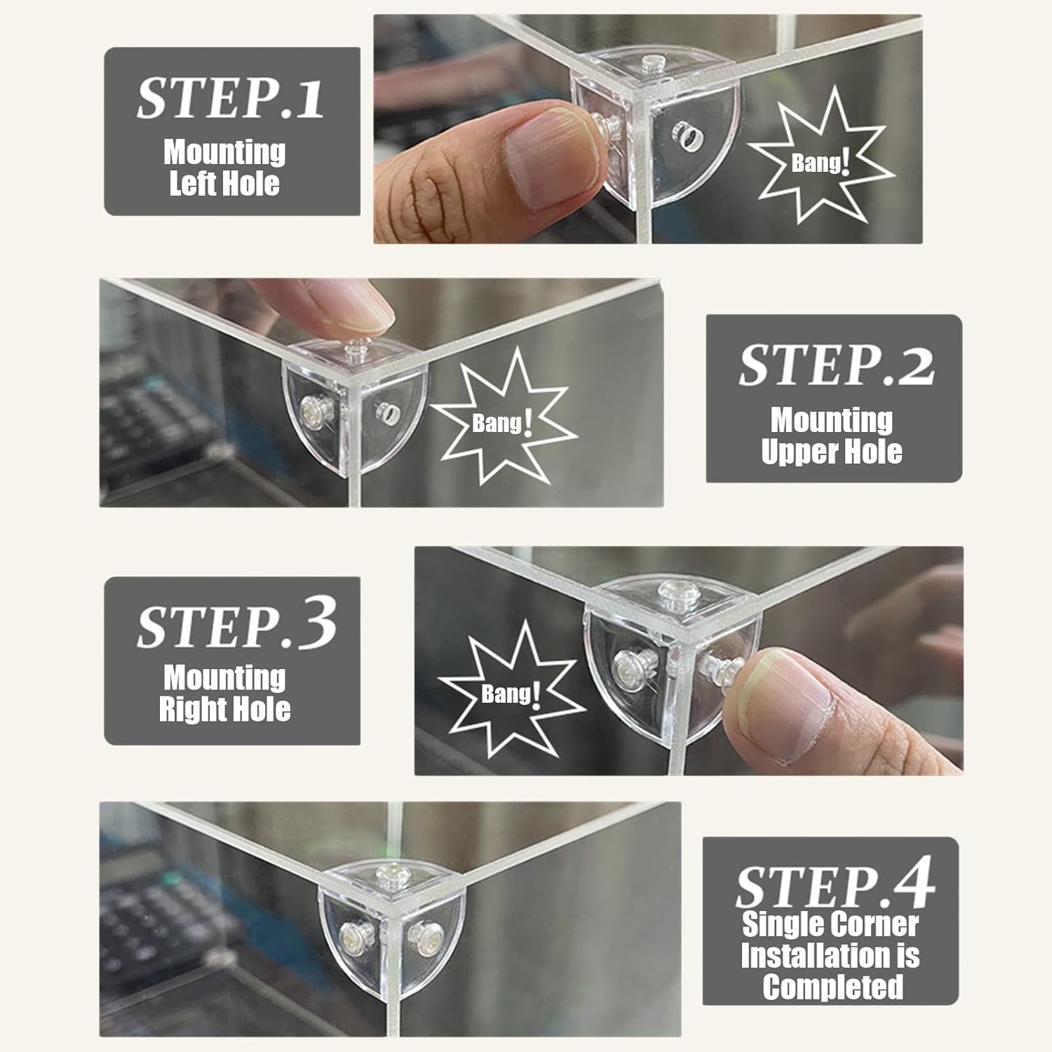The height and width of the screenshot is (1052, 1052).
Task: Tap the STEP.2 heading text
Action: click(x=836, y=364)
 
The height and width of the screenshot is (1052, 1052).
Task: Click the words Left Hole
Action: click(x=224, y=184)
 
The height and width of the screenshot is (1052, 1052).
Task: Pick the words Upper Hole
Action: click(x=832, y=452)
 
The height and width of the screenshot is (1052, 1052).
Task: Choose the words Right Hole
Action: click(x=224, y=709)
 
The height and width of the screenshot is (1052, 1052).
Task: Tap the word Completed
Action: click(x=832, y=987)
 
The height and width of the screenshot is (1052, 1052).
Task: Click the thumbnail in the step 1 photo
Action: click(x=554, y=155)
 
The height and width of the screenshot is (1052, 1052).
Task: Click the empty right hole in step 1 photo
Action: click(x=687, y=135)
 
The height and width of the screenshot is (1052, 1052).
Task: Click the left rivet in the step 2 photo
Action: click(x=313, y=410)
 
